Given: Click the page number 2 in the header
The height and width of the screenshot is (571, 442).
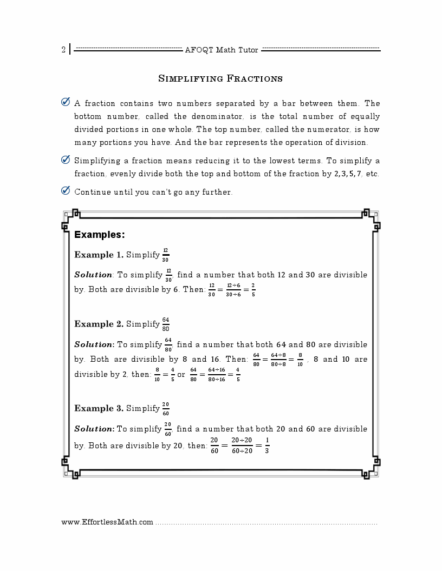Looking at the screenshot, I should click(63, 50).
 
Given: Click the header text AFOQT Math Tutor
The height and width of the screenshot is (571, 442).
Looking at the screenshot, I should click(222, 50).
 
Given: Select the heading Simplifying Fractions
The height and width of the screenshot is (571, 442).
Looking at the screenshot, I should click(220, 79).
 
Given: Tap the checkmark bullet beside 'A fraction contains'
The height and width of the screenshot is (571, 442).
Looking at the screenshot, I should click(66, 102).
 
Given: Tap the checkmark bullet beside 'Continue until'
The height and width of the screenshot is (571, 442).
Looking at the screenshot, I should click(66, 191).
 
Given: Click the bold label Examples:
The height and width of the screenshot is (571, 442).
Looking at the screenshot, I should click(100, 235).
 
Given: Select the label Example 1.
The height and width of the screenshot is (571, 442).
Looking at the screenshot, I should click(99, 255).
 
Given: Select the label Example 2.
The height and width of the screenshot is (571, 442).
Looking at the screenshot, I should click(99, 324).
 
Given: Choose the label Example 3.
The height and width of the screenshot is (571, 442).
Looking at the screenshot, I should click(99, 408).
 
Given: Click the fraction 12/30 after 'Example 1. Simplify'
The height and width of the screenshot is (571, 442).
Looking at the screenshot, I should click(165, 255).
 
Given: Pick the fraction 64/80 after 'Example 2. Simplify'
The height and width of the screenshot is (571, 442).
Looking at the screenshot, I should click(165, 324).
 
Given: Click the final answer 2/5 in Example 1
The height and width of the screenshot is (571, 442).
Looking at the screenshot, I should click(253, 289).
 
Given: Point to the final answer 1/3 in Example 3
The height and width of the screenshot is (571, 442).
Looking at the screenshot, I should click(267, 446).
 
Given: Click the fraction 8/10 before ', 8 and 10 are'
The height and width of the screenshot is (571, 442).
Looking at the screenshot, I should click(300, 359).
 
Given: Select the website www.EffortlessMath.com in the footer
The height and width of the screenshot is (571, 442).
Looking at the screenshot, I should click(107, 522).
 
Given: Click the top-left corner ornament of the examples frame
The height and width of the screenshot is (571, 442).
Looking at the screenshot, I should click(71, 217).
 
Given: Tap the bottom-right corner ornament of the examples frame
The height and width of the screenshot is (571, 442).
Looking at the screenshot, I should click(370, 470).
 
